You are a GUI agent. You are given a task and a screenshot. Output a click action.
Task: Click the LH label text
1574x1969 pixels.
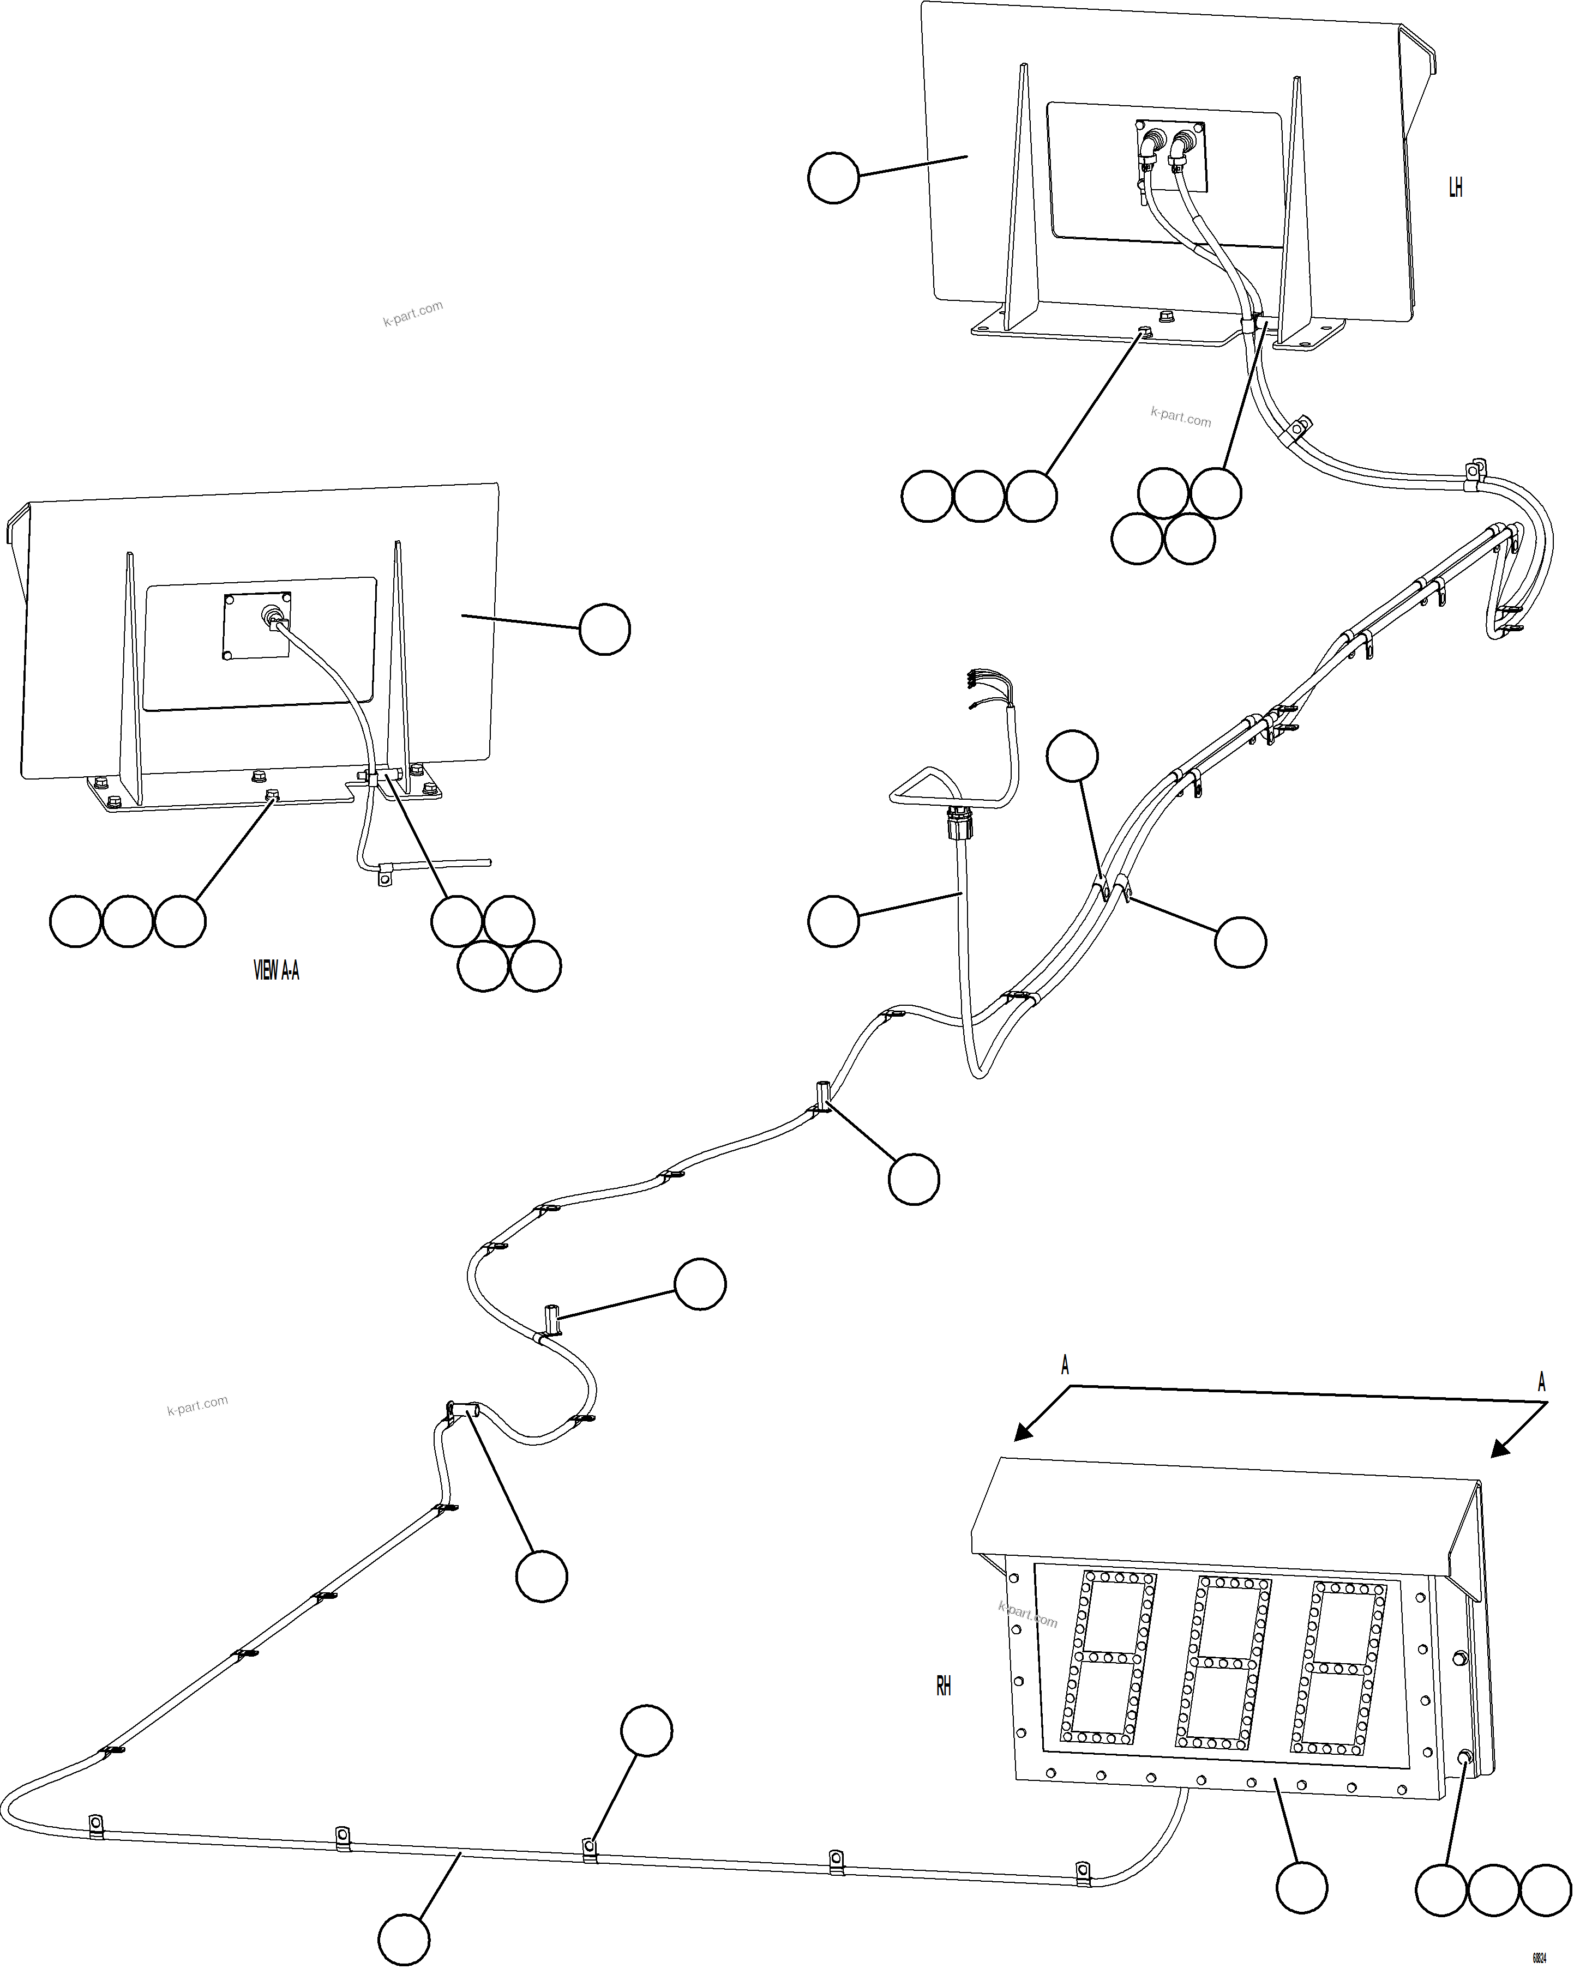[1455, 187]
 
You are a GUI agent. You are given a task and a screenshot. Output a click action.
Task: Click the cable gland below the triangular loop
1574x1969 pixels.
[959, 822]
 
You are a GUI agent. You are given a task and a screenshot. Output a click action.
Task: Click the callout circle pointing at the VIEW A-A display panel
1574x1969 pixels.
[605, 629]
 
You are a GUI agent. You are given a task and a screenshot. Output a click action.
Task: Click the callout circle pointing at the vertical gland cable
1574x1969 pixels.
[833, 921]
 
